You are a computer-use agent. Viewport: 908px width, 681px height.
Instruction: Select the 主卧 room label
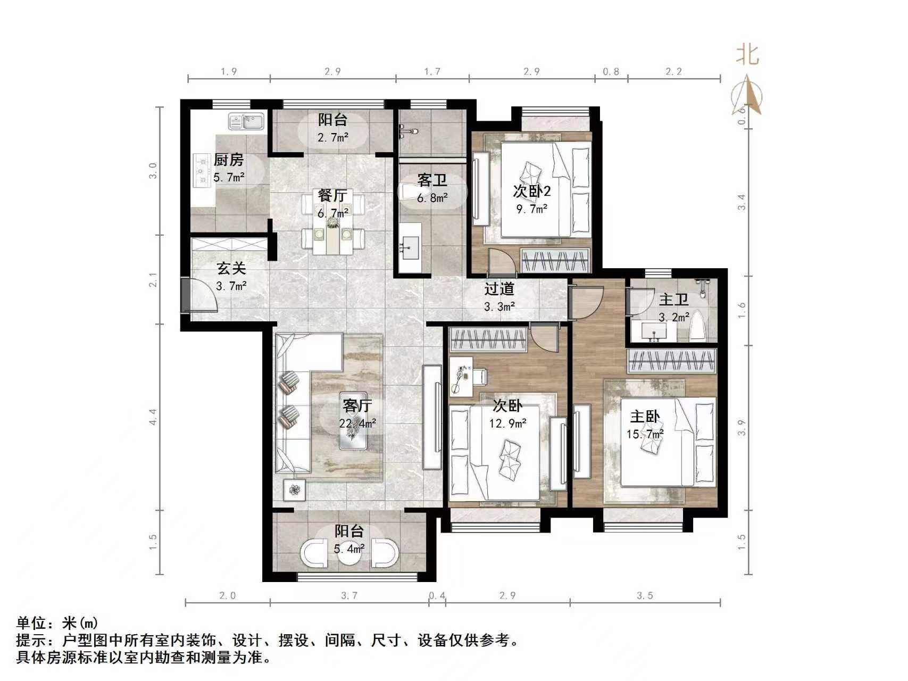tap(645, 417)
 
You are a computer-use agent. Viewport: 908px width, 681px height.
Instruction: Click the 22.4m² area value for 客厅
tap(357, 423)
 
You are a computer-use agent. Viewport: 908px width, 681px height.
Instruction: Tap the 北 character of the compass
tap(747, 54)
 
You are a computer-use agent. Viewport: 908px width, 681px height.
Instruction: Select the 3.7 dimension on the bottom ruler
tap(349, 595)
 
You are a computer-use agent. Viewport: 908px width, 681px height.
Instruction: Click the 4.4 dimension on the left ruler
tap(153, 417)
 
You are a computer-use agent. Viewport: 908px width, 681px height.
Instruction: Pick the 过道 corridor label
tap(499, 289)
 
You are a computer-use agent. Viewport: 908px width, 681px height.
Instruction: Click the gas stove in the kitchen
tap(202, 170)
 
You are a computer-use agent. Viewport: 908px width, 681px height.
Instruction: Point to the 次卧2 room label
tap(531, 190)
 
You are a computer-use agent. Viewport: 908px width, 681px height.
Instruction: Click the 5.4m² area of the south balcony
tap(349, 549)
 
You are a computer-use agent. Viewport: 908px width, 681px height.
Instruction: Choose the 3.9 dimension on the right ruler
tap(742, 428)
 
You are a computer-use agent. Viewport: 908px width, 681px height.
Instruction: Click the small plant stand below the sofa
tap(295, 489)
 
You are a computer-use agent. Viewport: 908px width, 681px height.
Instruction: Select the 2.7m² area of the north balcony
tap(333, 138)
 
